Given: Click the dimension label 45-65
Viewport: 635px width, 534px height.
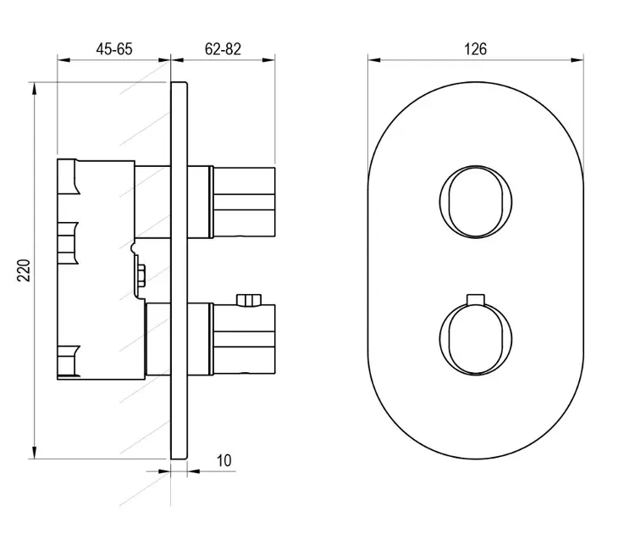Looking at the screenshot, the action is pos(114,49).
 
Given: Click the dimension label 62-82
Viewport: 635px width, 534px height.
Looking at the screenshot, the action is pos(223,49).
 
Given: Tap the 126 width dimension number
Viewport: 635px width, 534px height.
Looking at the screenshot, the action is pos(476,49).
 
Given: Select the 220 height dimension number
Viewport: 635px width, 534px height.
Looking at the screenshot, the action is pos(25,270).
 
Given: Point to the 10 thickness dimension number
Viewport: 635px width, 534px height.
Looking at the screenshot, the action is pos(224,460).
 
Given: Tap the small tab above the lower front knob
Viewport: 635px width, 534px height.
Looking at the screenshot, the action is pos(476,298).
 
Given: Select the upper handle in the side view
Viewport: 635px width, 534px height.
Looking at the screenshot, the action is pos(243,202).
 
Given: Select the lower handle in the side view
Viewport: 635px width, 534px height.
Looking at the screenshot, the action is pos(243,338).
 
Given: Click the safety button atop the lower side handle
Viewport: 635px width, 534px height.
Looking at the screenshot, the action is pos(249,300).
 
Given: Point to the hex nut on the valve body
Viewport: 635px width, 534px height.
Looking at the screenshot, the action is pos(141,275).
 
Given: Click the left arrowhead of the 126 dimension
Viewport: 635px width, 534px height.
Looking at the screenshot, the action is pos(374,60).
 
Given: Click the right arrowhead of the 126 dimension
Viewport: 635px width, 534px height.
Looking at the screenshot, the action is pos(577,60).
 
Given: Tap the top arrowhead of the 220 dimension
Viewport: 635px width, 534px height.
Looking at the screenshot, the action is pos(35,89).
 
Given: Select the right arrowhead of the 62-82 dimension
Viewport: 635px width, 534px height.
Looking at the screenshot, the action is pos(268,60).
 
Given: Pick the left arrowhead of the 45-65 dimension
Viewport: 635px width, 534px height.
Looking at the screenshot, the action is pos(63,60).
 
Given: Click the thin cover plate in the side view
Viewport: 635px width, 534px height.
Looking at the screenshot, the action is pos(179,270).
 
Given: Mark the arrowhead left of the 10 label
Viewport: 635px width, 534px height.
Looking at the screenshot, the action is pos(164,471).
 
